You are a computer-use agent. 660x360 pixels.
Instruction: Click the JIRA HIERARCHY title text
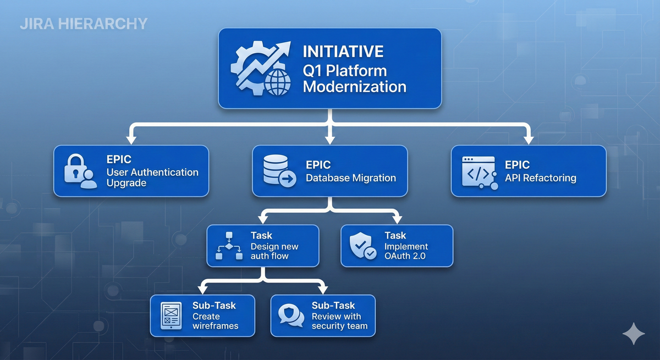[83, 24]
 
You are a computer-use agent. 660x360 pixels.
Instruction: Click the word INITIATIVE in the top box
[343, 52]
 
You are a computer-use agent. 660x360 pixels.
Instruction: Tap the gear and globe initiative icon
[261, 69]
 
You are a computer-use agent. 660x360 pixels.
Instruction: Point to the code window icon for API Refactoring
[478, 171]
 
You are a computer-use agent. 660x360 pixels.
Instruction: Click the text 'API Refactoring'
[540, 178]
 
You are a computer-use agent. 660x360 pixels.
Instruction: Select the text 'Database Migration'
[350, 178]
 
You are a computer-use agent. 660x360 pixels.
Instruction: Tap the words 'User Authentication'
[152, 172]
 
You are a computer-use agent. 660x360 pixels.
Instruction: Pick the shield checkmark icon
[363, 246]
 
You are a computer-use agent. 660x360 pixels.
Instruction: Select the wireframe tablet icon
[171, 316]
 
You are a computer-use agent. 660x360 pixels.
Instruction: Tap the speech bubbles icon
[290, 315]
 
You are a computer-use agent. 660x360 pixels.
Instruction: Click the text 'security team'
[336, 326]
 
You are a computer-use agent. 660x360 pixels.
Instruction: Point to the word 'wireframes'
[215, 326]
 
